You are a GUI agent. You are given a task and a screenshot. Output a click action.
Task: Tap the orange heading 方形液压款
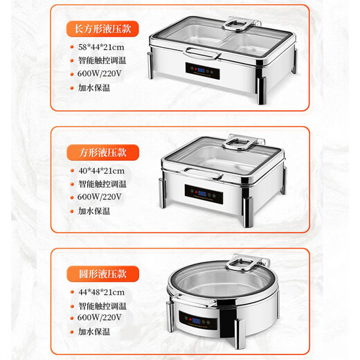(102, 152)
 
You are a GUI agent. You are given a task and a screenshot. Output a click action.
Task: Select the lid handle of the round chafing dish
(245, 264)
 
